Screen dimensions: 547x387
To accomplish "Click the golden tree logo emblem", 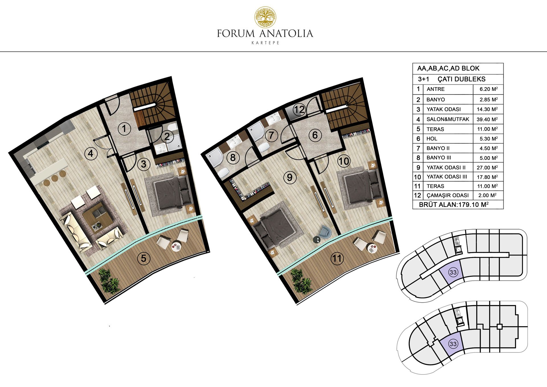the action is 265,17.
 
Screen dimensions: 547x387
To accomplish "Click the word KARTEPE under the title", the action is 265,43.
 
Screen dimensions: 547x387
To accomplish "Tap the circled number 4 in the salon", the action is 91,154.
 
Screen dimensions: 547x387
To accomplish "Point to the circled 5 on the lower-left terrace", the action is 144,258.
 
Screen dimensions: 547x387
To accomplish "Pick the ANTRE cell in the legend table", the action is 436,89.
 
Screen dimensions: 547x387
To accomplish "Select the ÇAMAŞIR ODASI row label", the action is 448,195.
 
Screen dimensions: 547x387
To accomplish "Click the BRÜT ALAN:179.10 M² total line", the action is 454,205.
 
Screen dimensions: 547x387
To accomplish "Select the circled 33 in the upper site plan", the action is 453,272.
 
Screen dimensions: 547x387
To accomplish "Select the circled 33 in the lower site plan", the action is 453,344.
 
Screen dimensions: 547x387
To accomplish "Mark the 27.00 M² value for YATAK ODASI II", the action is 487,168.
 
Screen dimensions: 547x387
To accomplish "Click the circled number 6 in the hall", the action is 315,135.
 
